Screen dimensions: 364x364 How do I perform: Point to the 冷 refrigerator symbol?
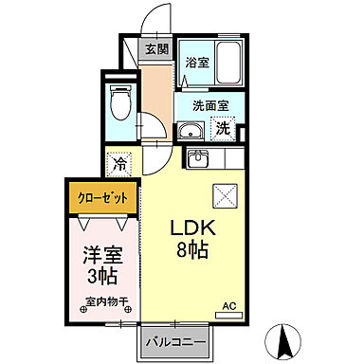point(119,163)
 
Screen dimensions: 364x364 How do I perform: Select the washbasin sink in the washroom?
point(191,131)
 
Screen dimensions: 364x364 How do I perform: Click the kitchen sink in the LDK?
point(199,157)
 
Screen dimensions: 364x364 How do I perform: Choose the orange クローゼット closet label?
point(100,198)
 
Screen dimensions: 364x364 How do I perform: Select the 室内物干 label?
point(105,304)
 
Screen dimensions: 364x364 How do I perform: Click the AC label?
point(227,305)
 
